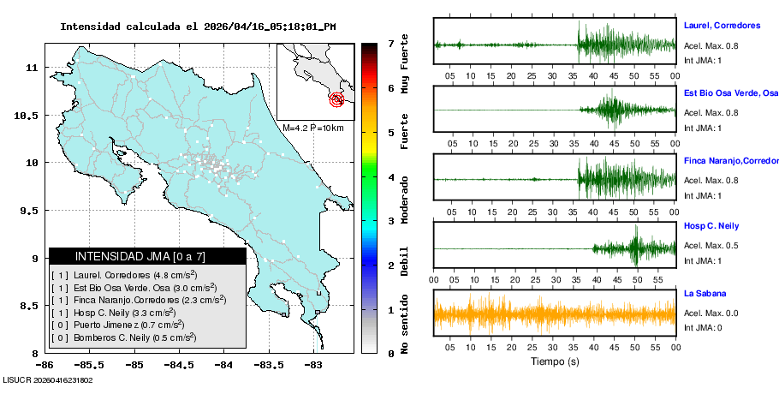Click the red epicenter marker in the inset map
(337, 100)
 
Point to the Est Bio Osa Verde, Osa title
(730, 93)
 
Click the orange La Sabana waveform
(555, 314)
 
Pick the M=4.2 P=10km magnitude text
(312, 128)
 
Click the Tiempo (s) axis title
(555, 361)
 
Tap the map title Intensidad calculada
(198, 27)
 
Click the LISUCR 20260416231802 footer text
(48, 380)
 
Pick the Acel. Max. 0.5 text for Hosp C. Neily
(711, 247)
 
